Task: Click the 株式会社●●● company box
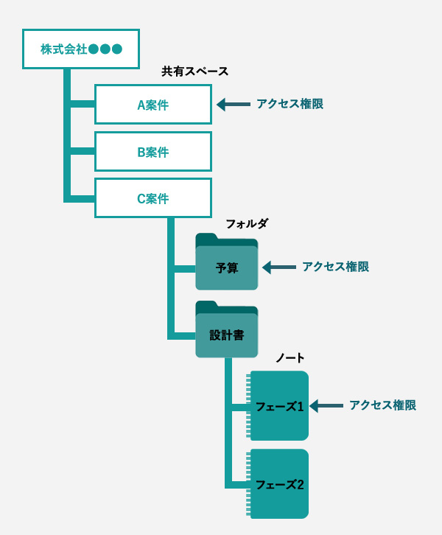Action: point(81,49)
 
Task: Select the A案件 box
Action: point(153,105)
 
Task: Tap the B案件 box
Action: point(153,152)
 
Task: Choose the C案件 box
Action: point(153,198)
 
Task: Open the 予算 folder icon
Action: point(227,267)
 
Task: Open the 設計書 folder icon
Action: point(227,335)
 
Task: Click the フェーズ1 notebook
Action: point(279,406)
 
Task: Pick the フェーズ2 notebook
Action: point(279,484)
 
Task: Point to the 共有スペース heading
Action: point(195,71)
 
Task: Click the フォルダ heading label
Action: point(248,223)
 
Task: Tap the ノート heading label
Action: point(290,358)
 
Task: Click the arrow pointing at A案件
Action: point(234,105)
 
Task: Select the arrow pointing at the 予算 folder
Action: point(279,267)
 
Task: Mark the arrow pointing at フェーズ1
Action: point(326,406)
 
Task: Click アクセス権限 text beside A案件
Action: point(290,104)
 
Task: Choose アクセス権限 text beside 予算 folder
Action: point(335,267)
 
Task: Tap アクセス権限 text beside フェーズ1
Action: point(382,405)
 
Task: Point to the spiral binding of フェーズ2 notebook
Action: point(249,484)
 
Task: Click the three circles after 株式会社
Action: point(105,49)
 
